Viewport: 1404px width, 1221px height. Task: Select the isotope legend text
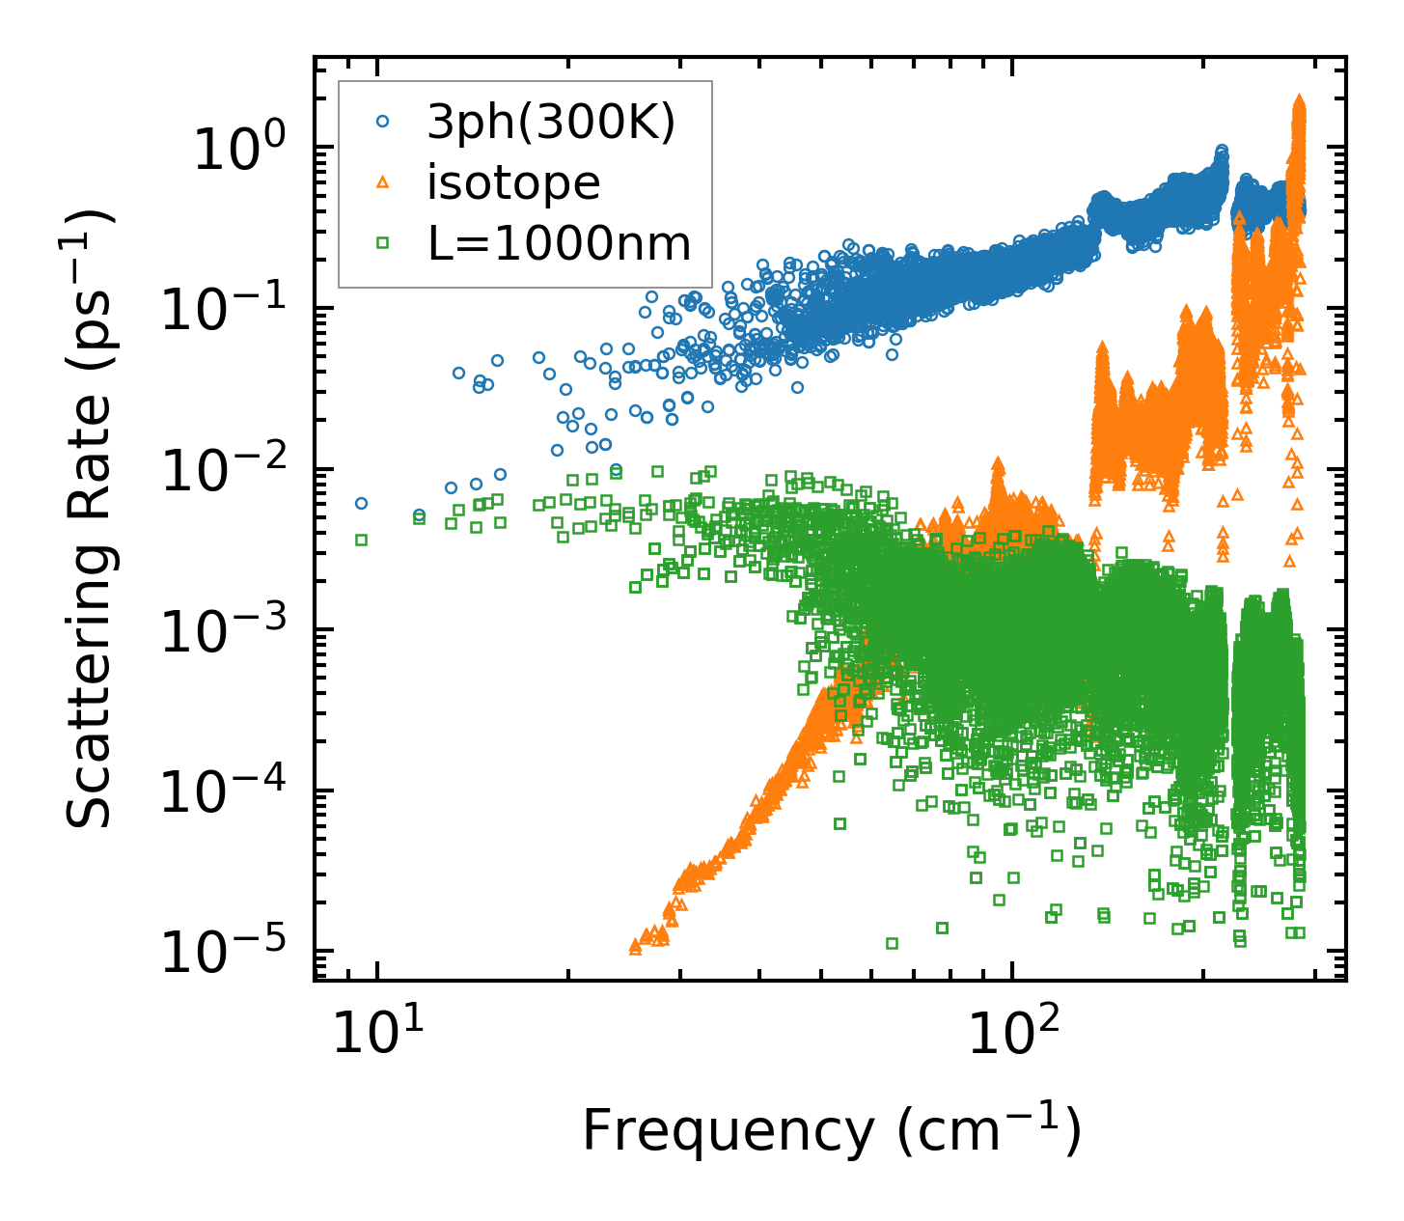point(513,182)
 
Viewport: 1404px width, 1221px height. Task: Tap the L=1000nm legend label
point(560,244)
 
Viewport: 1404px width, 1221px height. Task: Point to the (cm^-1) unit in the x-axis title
point(988,1128)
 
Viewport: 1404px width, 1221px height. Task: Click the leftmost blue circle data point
point(361,503)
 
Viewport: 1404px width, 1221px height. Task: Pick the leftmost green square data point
point(361,540)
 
